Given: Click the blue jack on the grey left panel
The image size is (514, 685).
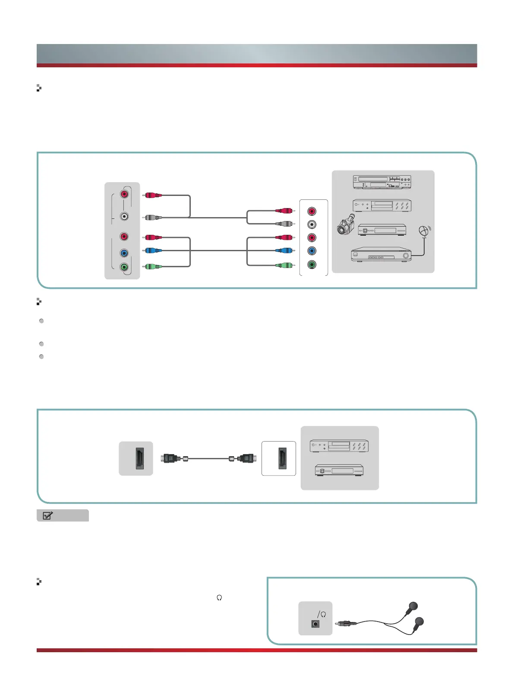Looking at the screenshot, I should (124, 253).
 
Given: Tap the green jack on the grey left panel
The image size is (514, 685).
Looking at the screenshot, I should (124, 267).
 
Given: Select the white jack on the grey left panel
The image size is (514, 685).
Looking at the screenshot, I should (124, 217).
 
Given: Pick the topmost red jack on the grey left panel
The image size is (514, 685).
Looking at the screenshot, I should (124, 194).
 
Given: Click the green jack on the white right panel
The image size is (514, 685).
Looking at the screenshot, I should (312, 265).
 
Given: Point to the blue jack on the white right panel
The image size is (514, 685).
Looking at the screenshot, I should (312, 251).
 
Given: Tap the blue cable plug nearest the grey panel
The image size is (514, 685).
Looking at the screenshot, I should (153, 250).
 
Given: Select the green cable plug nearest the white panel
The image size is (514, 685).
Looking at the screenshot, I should (284, 265).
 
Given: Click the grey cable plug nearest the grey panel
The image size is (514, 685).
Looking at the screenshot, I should (153, 218).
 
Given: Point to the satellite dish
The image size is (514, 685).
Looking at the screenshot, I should (425, 231).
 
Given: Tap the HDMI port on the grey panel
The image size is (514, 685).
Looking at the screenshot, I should (140, 458).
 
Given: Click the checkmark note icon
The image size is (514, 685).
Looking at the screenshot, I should (48, 515).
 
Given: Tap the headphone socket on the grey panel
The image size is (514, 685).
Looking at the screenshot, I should (315, 624).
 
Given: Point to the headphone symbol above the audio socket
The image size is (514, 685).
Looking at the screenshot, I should (323, 614).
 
